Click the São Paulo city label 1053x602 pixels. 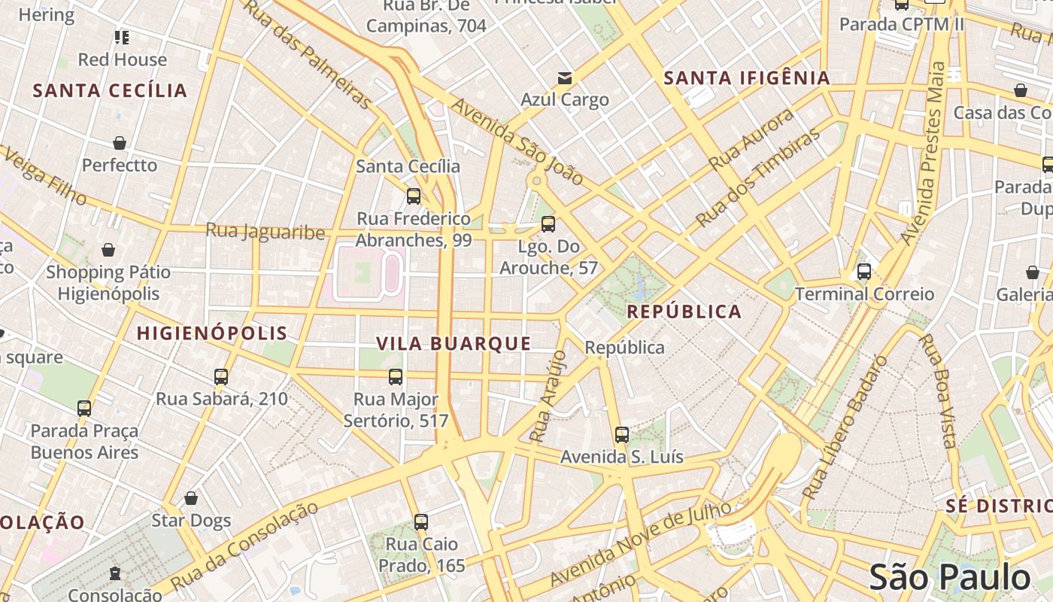[x=949, y=577]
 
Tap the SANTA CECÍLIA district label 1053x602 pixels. [x=110, y=91]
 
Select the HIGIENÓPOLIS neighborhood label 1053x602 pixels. [x=212, y=333]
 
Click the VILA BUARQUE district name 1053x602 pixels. [x=454, y=344]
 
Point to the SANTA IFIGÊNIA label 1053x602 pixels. [x=747, y=78]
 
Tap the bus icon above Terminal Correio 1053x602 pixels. [x=864, y=272]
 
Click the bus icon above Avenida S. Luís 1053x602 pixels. [x=621, y=434]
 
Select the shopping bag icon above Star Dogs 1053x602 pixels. [x=191, y=498]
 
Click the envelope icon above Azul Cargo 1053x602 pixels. [x=565, y=78]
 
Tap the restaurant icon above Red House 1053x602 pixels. [x=122, y=38]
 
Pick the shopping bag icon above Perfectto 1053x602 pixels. [x=120, y=143]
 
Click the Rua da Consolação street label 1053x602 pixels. [x=244, y=546]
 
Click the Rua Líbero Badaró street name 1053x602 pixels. [x=845, y=427]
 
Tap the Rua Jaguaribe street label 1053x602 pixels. [x=266, y=231]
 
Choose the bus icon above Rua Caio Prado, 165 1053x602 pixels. [x=421, y=521]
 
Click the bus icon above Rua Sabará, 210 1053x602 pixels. [x=221, y=376]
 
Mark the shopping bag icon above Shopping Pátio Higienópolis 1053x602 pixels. [x=108, y=250]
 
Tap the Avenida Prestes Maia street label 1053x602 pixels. [x=925, y=154]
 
